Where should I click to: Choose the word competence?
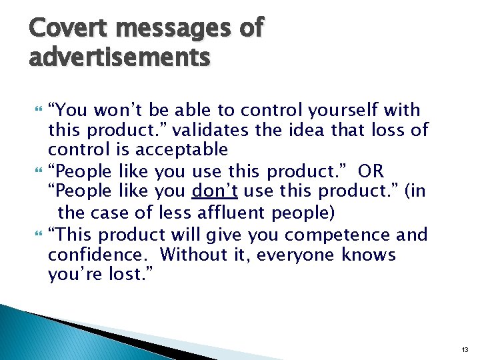click(323, 235)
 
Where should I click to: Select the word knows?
click(368, 255)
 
